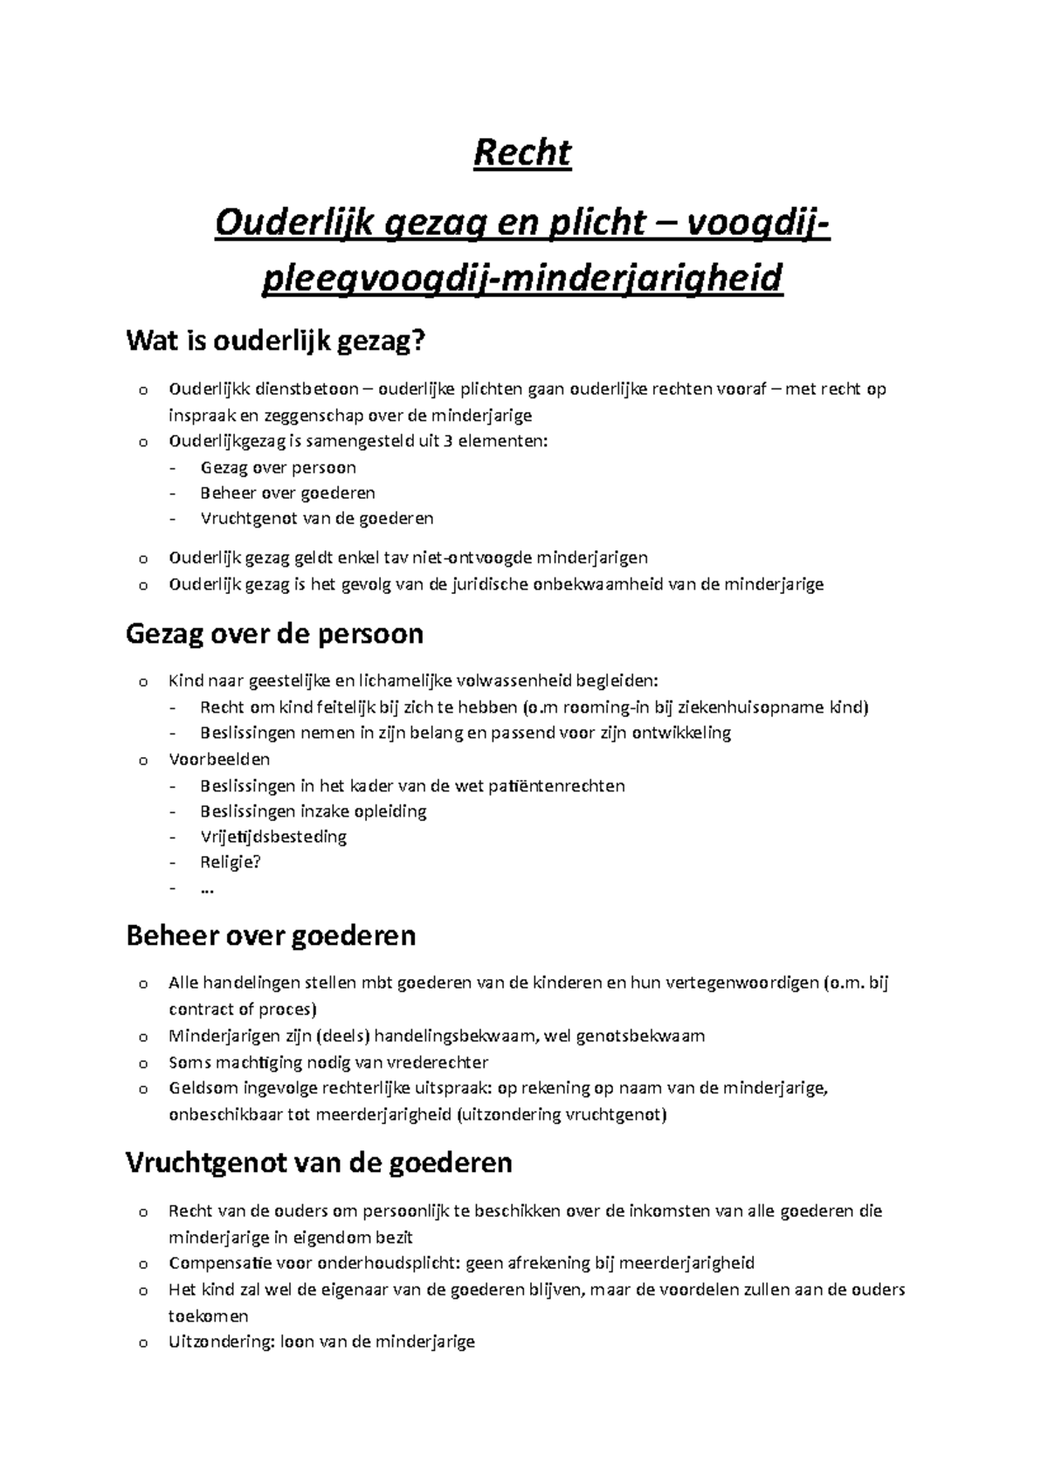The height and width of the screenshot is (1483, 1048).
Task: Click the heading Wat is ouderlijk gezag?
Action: pyautogui.click(x=279, y=341)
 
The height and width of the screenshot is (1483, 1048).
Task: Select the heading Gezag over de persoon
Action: pyautogui.click(x=274, y=633)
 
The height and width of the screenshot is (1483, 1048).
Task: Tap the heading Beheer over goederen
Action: pyautogui.click(x=271, y=935)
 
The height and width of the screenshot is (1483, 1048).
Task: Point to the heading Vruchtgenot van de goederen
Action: pyautogui.click(x=319, y=1163)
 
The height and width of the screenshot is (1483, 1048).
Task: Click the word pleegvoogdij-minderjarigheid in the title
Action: pyautogui.click(x=522, y=279)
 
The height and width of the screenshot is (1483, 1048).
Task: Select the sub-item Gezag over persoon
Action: pyautogui.click(x=278, y=467)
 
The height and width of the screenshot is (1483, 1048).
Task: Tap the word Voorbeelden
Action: pyautogui.click(x=219, y=759)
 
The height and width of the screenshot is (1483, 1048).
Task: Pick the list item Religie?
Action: pyautogui.click(x=231, y=862)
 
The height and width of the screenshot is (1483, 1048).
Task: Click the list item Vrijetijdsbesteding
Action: pyautogui.click(x=273, y=837)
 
